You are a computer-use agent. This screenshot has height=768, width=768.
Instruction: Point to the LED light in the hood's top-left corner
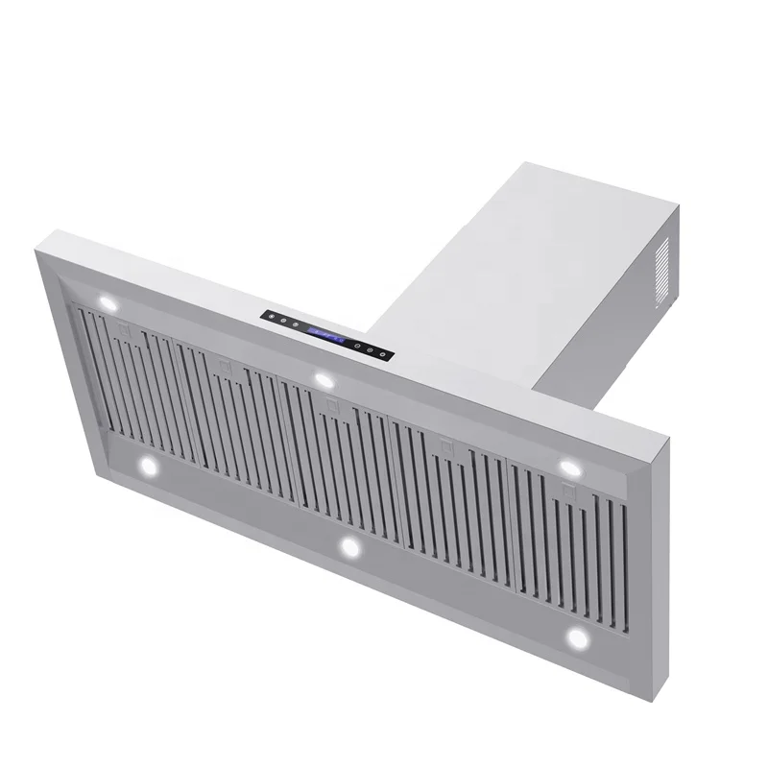click(108, 303)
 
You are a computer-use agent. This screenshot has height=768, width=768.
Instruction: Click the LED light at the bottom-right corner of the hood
click(577, 638)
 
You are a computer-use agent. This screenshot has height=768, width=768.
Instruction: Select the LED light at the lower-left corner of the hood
click(148, 467)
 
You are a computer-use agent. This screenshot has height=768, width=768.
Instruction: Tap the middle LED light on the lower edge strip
click(349, 547)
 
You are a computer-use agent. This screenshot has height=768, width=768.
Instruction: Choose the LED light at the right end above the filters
click(568, 466)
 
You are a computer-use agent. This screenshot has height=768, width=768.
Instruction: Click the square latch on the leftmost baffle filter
click(122, 329)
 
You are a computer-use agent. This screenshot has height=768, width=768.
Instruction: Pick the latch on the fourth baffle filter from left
click(444, 445)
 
